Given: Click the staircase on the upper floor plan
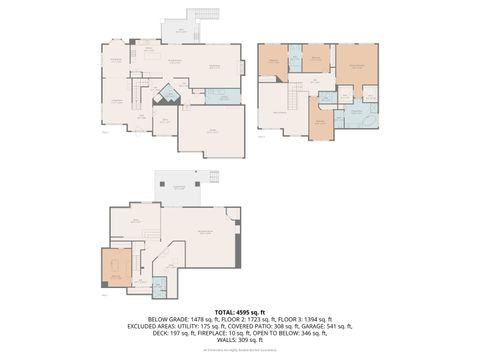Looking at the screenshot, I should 295,97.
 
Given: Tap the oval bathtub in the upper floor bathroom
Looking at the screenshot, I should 369,122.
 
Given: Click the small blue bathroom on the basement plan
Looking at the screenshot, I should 157,286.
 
